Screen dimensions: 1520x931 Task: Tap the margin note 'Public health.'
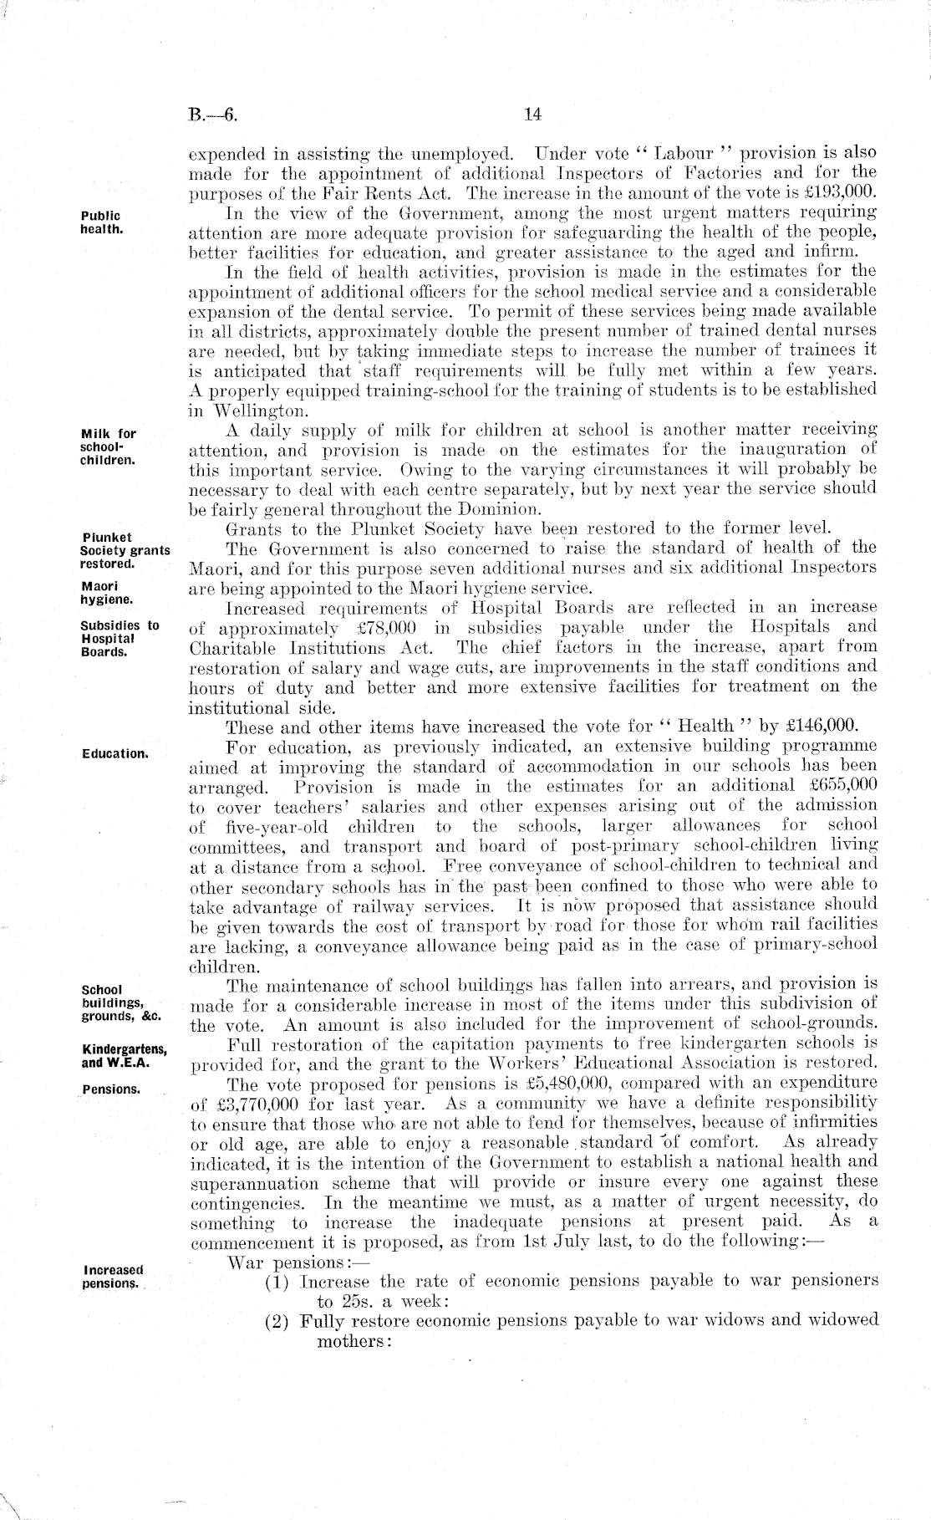[x=100, y=222]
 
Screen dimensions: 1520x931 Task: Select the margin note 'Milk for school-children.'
[x=108, y=446]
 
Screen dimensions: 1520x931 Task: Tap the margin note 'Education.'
[x=114, y=753]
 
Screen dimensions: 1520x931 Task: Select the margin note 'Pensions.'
[x=110, y=1089]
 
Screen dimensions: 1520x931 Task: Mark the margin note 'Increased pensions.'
[x=112, y=1277]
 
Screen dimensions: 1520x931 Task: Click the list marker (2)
[x=277, y=1322]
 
